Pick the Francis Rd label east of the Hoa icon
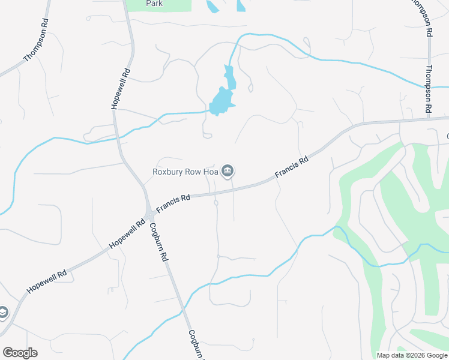(x=292, y=167)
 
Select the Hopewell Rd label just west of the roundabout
(x=127, y=234)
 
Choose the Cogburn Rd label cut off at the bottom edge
(x=196, y=345)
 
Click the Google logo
(x=20, y=353)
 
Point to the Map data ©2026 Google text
(x=412, y=355)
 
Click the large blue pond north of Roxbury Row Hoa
(x=221, y=101)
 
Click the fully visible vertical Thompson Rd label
(x=429, y=89)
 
